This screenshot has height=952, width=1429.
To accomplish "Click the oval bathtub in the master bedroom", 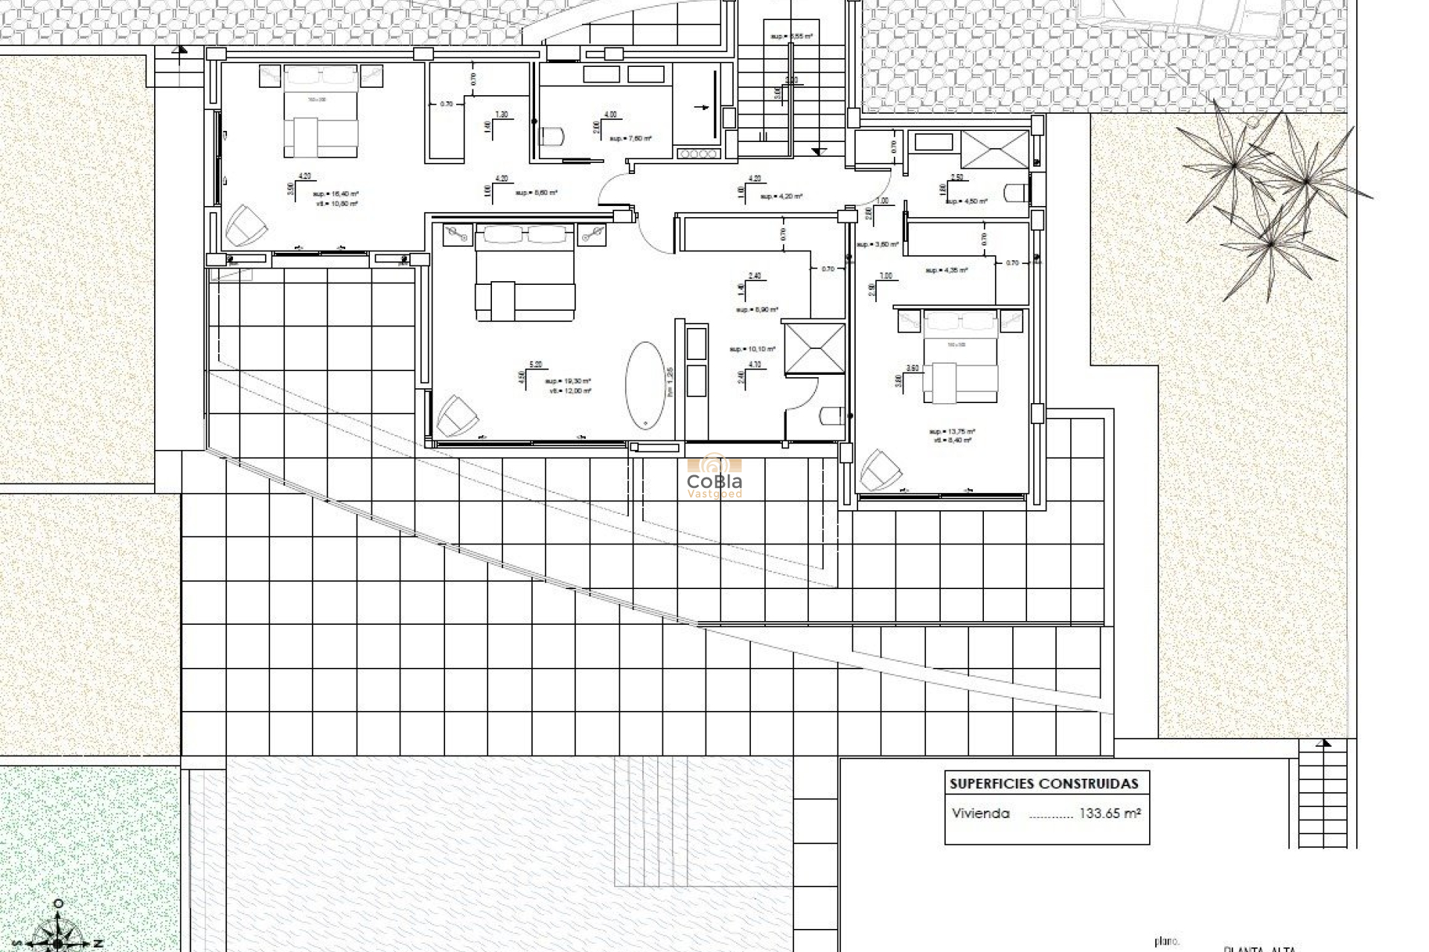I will [x=645, y=385].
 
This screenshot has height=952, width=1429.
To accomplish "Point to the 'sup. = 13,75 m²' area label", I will [x=952, y=431].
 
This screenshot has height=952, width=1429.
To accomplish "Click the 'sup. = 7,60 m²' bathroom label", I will [x=630, y=138].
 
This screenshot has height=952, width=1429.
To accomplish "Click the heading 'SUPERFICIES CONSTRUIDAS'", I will [x=1043, y=783].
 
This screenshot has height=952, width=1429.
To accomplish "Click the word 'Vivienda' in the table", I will [x=980, y=814].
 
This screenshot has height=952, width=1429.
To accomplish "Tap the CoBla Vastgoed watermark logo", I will [x=714, y=475].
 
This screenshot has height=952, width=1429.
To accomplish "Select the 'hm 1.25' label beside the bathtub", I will [x=670, y=382].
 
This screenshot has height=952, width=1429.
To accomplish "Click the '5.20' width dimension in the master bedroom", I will [x=535, y=364].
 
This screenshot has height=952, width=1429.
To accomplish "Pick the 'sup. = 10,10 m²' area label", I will [x=752, y=349].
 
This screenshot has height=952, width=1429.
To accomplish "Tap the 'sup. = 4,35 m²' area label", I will [x=946, y=271].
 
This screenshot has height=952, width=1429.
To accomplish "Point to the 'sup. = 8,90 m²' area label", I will [x=757, y=309].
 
